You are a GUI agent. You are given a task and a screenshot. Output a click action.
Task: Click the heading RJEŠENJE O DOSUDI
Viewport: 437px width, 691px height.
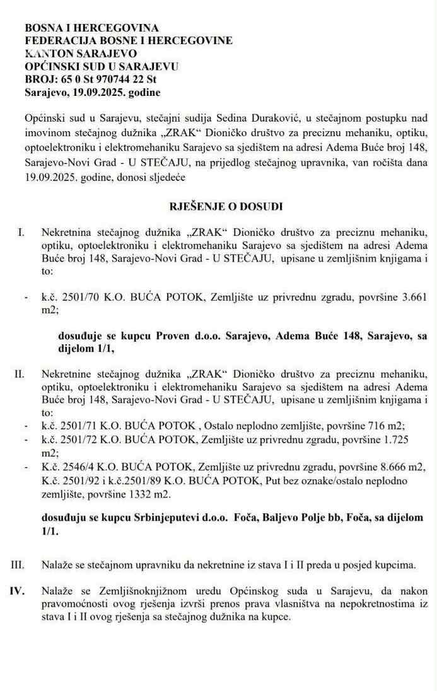pos(218,206)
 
